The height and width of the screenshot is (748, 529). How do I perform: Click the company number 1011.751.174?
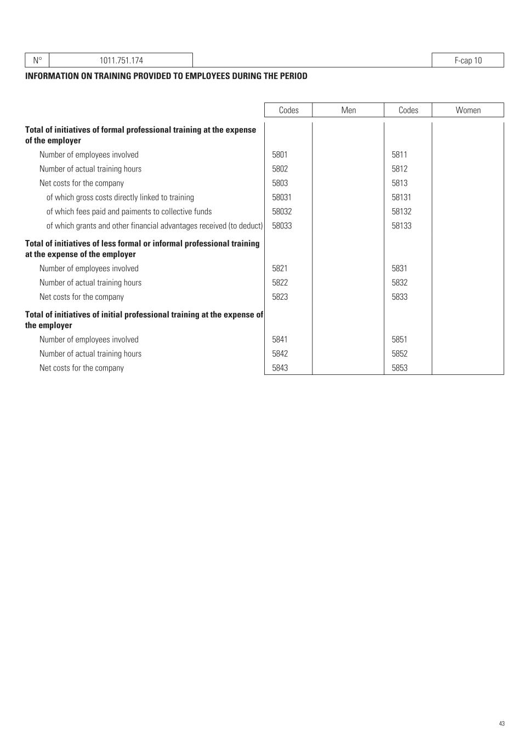click(121, 60)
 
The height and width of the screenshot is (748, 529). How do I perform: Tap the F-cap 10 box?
click(468, 60)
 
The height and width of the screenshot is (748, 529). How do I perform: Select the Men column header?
click(348, 110)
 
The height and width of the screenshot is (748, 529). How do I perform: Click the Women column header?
click(468, 110)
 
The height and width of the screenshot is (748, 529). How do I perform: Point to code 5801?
click(280, 155)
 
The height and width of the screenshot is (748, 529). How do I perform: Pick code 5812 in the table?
click(399, 169)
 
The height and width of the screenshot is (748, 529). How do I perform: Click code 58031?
click(282, 197)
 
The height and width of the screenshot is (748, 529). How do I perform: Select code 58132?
click(401, 212)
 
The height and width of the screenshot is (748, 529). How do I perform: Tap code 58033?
click(282, 226)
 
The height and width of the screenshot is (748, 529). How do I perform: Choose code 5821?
click(280, 269)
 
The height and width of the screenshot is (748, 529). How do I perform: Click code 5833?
click(399, 297)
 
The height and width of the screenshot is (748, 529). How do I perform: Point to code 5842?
click(280, 354)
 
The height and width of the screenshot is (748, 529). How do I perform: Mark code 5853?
click(399, 368)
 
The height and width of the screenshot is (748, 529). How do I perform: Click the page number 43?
click(502, 724)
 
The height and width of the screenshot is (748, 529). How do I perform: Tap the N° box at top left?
click(37, 60)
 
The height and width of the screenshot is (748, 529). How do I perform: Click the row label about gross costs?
click(120, 197)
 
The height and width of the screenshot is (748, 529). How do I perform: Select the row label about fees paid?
click(129, 212)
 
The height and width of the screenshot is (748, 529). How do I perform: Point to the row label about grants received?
click(155, 226)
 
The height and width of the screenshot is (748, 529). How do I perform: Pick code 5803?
click(280, 183)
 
